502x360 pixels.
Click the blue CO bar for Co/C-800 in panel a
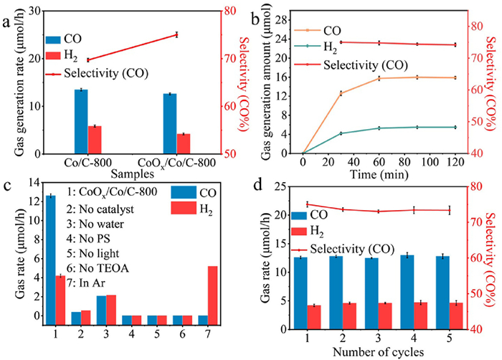coord(82,121)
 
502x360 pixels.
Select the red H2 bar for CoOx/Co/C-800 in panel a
coord(184,143)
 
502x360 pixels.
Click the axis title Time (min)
coord(378,173)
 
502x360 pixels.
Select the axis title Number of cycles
coord(378,351)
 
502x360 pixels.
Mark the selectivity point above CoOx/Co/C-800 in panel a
coord(176,34)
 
